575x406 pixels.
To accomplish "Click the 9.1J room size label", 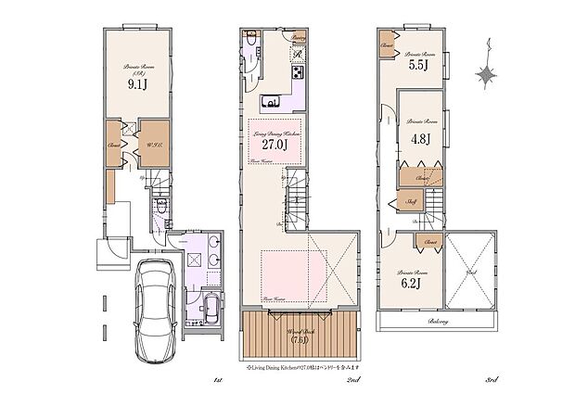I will (x=137, y=82).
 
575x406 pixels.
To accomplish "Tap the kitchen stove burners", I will (x=299, y=72).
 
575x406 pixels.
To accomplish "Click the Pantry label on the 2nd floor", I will (x=300, y=38).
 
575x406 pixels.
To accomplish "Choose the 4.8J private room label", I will (x=420, y=139).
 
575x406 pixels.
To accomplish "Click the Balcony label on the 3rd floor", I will (x=440, y=322).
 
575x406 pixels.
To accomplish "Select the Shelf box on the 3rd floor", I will (x=409, y=201).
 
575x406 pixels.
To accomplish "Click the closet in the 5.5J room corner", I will (x=387, y=44).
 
